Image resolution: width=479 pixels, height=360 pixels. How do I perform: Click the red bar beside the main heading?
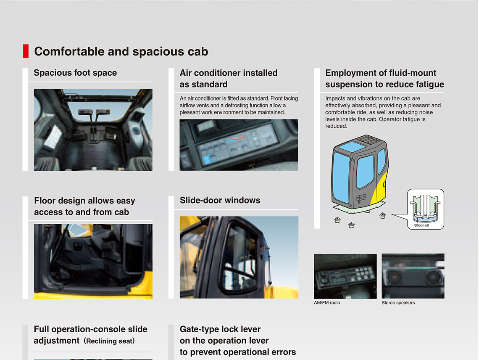pos(26,51)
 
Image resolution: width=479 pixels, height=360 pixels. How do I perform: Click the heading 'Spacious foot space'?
pos(75,73)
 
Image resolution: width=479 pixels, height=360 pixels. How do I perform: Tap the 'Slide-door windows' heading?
pos(220,200)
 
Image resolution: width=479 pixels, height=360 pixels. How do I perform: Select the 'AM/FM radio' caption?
pos(327,303)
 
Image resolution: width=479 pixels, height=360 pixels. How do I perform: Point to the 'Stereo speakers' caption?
pos(398,303)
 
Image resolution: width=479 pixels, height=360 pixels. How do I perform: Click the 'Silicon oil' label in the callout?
pos(421,225)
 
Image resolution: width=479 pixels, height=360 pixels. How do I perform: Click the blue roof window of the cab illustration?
pos(352,146)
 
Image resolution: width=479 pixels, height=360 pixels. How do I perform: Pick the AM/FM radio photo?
pos(345,276)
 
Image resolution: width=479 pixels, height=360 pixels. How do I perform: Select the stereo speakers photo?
pos(413,276)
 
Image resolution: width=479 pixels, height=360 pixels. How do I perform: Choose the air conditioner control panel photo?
pos(239,145)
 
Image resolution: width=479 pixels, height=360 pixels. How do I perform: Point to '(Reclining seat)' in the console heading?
pos(109,341)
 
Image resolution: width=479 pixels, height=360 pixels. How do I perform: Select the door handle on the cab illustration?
pos(361,197)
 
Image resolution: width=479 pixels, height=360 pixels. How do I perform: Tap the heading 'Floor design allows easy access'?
pos(84,206)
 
